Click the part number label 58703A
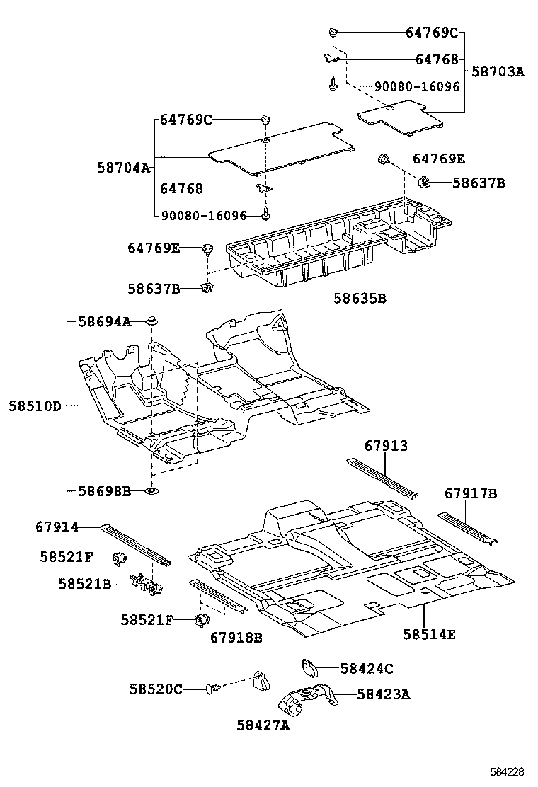(x=498, y=71)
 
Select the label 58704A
(x=124, y=168)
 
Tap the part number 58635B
(x=360, y=299)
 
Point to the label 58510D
(x=35, y=406)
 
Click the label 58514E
(x=430, y=634)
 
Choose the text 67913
(x=386, y=446)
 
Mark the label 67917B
(x=471, y=493)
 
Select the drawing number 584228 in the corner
(x=508, y=771)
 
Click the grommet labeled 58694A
(x=151, y=323)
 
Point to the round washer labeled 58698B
(x=151, y=490)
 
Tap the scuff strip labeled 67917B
(x=467, y=526)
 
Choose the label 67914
(x=57, y=527)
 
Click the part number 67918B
(x=236, y=638)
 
